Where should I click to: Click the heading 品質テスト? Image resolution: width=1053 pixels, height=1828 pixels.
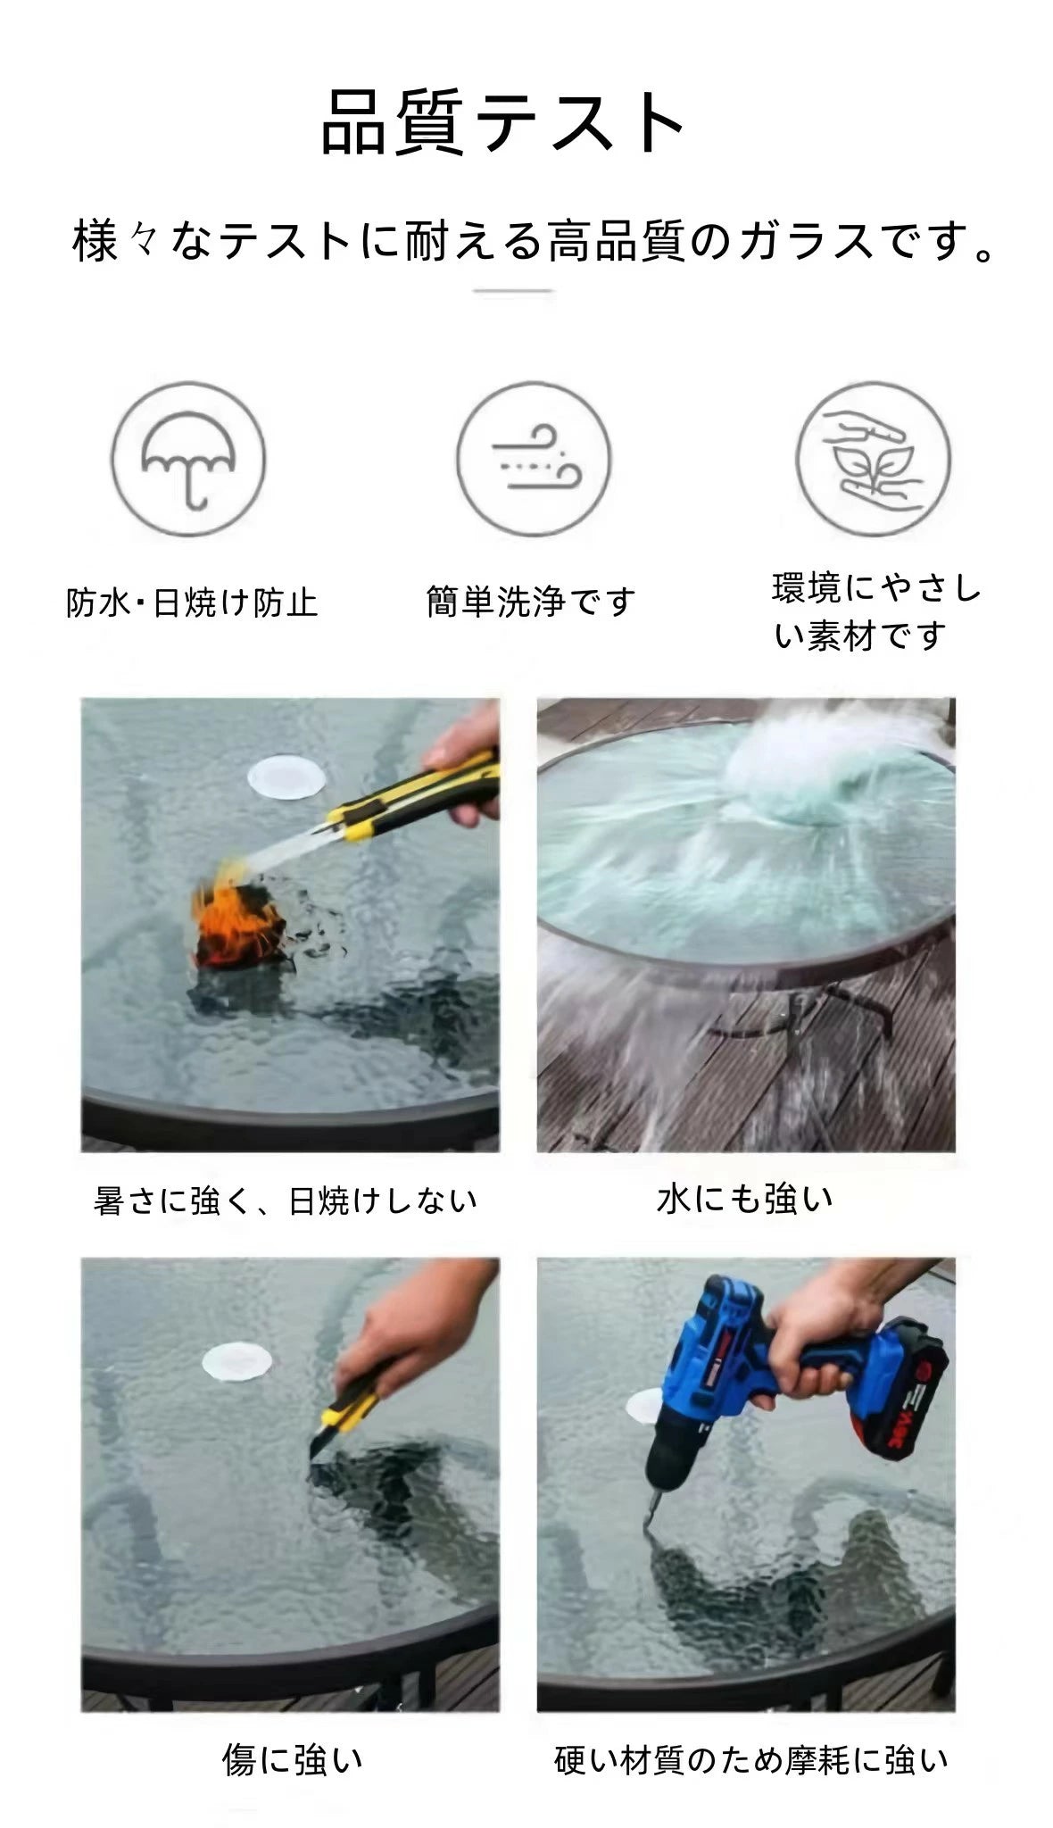pyautogui.click(x=503, y=122)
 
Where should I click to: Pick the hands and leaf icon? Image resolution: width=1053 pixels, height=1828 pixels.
pyautogui.click(x=874, y=460)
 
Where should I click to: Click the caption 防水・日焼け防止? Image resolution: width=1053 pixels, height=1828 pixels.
pyautogui.click(x=192, y=602)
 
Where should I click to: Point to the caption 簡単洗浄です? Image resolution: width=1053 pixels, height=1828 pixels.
pyautogui.click(x=531, y=602)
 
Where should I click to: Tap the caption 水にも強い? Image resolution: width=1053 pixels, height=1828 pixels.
pyautogui.click(x=745, y=1199)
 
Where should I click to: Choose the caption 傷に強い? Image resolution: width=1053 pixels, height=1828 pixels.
pyautogui.click(x=293, y=1760)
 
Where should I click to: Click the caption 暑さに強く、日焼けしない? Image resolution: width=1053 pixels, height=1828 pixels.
pyautogui.click(x=286, y=1201)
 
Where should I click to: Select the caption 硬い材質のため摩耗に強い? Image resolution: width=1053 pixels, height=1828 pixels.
pyautogui.click(x=750, y=1760)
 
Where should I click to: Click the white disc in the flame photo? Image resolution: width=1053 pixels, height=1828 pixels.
pyautogui.click(x=286, y=777)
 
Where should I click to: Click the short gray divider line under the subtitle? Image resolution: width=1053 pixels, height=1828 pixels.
pyautogui.click(x=513, y=291)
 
